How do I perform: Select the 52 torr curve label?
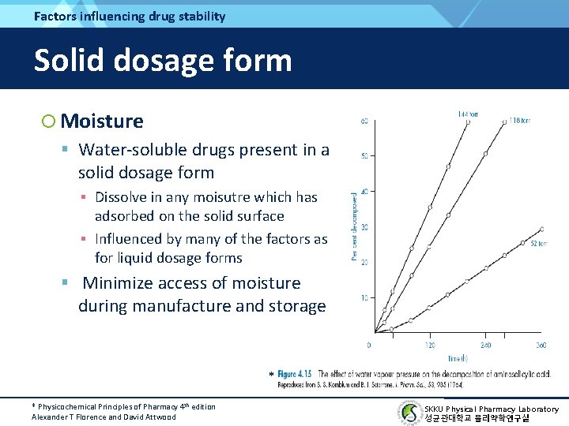coord(540,244)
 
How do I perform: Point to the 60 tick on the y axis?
coord(364,121)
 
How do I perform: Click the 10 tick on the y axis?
coord(364,297)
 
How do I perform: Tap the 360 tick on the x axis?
coord(541,345)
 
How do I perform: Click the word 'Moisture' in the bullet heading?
coord(102,121)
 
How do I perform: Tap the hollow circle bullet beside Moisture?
coord(49,121)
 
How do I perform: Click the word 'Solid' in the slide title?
coord(71,60)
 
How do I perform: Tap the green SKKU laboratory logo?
coord(409,413)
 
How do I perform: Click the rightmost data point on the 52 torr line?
coord(541,229)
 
